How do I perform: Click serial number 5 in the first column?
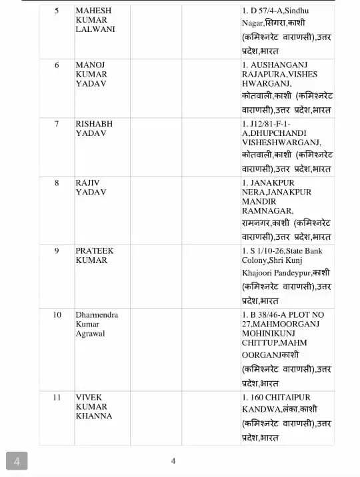point(57,11)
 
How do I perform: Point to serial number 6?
point(57,65)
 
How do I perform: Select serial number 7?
point(57,124)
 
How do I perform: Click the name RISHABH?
point(94,124)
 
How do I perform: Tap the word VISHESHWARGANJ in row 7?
point(281,143)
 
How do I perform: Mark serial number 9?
point(57,251)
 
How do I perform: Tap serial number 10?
point(57,314)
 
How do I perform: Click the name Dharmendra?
point(97,314)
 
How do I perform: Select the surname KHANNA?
point(94,416)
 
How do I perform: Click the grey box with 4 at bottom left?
point(17,460)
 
